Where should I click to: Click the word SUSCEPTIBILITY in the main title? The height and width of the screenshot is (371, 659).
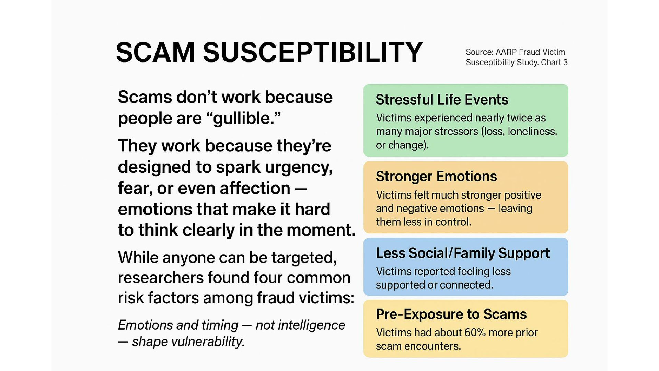(x=313, y=52)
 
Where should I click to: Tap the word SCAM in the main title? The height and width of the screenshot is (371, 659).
(x=155, y=52)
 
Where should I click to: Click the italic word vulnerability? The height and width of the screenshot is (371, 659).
(x=188, y=342)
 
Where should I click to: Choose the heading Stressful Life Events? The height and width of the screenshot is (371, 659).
(x=442, y=100)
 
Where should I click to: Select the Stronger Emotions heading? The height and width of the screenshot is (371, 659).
(x=436, y=177)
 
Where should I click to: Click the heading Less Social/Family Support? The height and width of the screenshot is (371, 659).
(x=463, y=253)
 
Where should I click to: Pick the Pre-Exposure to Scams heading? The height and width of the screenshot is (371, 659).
(x=451, y=314)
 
